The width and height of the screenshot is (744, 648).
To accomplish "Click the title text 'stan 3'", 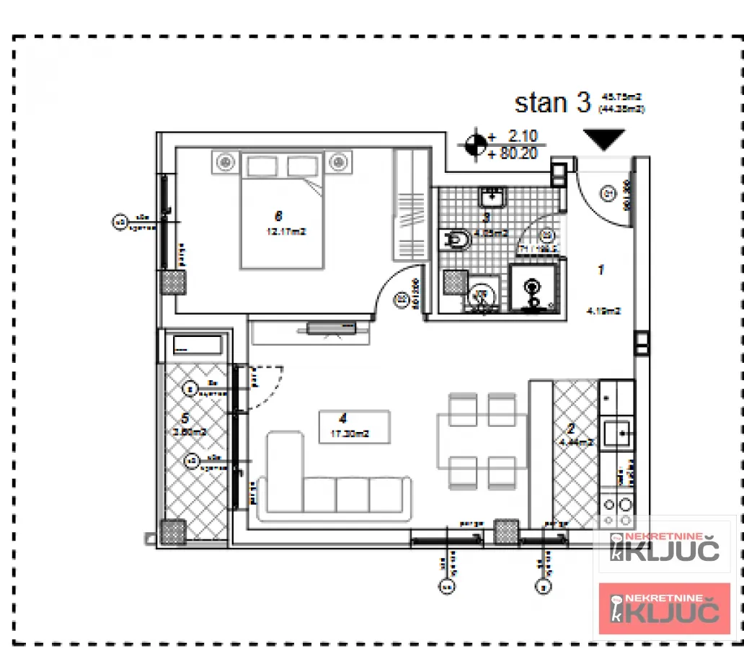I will click(x=552, y=102).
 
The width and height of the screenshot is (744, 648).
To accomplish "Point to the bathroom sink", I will click(x=495, y=196).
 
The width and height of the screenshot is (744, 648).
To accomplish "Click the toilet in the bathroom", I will click(x=456, y=238).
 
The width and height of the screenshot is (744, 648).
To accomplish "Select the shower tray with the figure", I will click(x=533, y=289).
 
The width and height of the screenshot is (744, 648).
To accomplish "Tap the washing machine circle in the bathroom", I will click(x=482, y=294).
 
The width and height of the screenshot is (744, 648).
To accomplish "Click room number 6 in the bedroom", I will click(x=278, y=215).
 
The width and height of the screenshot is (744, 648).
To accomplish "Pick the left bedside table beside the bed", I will click(x=225, y=163).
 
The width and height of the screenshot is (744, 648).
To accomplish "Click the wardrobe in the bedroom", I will click(x=409, y=204).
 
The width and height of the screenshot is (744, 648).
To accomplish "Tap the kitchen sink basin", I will click(x=618, y=432).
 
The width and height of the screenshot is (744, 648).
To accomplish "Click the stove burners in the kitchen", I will click(x=618, y=510).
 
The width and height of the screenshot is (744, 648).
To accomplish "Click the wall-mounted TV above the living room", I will click(x=331, y=329).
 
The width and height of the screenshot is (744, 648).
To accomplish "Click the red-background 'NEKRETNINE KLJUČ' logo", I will click(x=664, y=608).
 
